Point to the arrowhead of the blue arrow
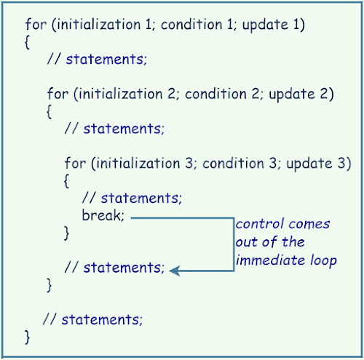175,269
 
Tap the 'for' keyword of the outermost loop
34,25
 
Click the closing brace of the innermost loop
67,233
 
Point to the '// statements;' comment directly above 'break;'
131,198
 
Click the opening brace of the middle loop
50,112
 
